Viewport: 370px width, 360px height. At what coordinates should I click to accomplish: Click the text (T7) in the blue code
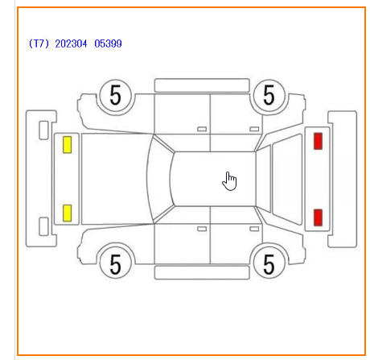(39, 43)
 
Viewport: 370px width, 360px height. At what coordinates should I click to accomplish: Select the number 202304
(71, 43)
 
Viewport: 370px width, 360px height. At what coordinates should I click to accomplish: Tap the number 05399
(108, 43)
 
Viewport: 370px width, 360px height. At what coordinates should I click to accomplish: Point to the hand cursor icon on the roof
(229, 181)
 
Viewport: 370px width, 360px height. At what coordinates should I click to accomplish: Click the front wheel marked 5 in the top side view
(115, 95)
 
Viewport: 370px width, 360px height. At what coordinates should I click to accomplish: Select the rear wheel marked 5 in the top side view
(269, 95)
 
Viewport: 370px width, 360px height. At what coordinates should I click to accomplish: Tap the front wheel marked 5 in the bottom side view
(115, 264)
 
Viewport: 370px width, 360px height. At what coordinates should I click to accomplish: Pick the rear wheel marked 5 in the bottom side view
(269, 264)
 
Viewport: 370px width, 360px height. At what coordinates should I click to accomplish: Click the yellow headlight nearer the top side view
(68, 145)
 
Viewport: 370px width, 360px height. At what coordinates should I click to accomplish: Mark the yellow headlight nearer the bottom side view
(68, 213)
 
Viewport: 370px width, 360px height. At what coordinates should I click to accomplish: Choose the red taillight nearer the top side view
(318, 141)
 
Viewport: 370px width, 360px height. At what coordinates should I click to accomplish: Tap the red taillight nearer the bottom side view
(318, 217)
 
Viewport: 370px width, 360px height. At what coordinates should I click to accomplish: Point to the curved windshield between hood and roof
(158, 179)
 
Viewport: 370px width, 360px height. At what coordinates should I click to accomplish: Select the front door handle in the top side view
(202, 129)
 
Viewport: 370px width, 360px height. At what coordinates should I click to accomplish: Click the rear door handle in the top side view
(254, 129)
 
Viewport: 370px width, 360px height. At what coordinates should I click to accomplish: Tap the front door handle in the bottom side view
(202, 229)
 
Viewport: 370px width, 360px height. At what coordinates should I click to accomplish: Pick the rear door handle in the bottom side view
(254, 229)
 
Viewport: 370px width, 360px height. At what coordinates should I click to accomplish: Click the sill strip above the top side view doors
(202, 85)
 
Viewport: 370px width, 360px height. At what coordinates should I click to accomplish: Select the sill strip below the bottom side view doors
(202, 272)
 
